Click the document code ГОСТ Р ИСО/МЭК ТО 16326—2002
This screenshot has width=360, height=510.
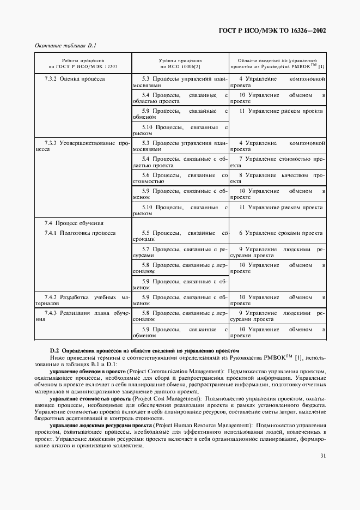pyautogui.click(x=279, y=31)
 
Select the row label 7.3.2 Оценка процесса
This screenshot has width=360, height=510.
pyautogui.click(x=74, y=79)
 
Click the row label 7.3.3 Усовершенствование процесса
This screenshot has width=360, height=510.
pyautogui.click(x=83, y=147)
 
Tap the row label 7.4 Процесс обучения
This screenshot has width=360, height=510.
pyautogui.click(x=66, y=223)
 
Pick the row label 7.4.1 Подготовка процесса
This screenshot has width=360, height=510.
pyautogui.click(x=80, y=233)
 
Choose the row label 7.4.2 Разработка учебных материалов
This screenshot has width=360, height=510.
pyautogui.click(x=83, y=301)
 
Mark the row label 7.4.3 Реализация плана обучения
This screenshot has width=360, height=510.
pyautogui.click(x=83, y=317)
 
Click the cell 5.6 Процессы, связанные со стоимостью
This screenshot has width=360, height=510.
pyautogui.click(x=180, y=179)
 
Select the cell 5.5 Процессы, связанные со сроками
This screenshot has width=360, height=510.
pyautogui.click(x=180, y=236)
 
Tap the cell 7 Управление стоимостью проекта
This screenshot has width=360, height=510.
pyautogui.click(x=278, y=162)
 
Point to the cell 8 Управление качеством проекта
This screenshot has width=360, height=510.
pyautogui.click(x=278, y=179)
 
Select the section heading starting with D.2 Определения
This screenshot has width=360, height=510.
pyautogui.click(x=144, y=350)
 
